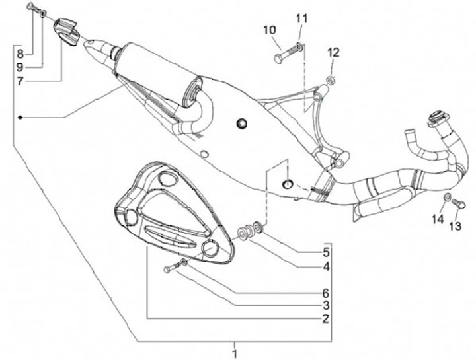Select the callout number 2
(x=326, y=318)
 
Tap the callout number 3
(x=326, y=305)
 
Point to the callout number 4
(x=326, y=268)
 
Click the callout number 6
(x=326, y=293)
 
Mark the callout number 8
(x=20, y=53)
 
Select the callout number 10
(x=270, y=30)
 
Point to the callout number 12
(x=333, y=52)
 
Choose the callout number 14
(x=438, y=219)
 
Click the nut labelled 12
(x=330, y=81)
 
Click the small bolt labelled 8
(x=32, y=7)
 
